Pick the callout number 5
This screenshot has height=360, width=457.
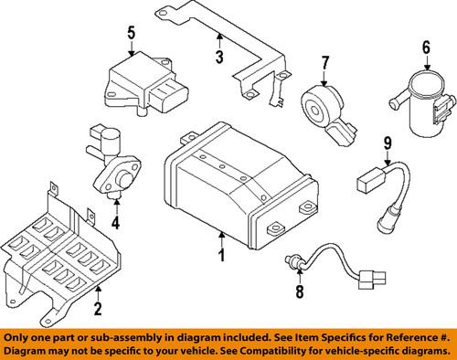130,34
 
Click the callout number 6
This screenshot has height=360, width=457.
426,48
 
